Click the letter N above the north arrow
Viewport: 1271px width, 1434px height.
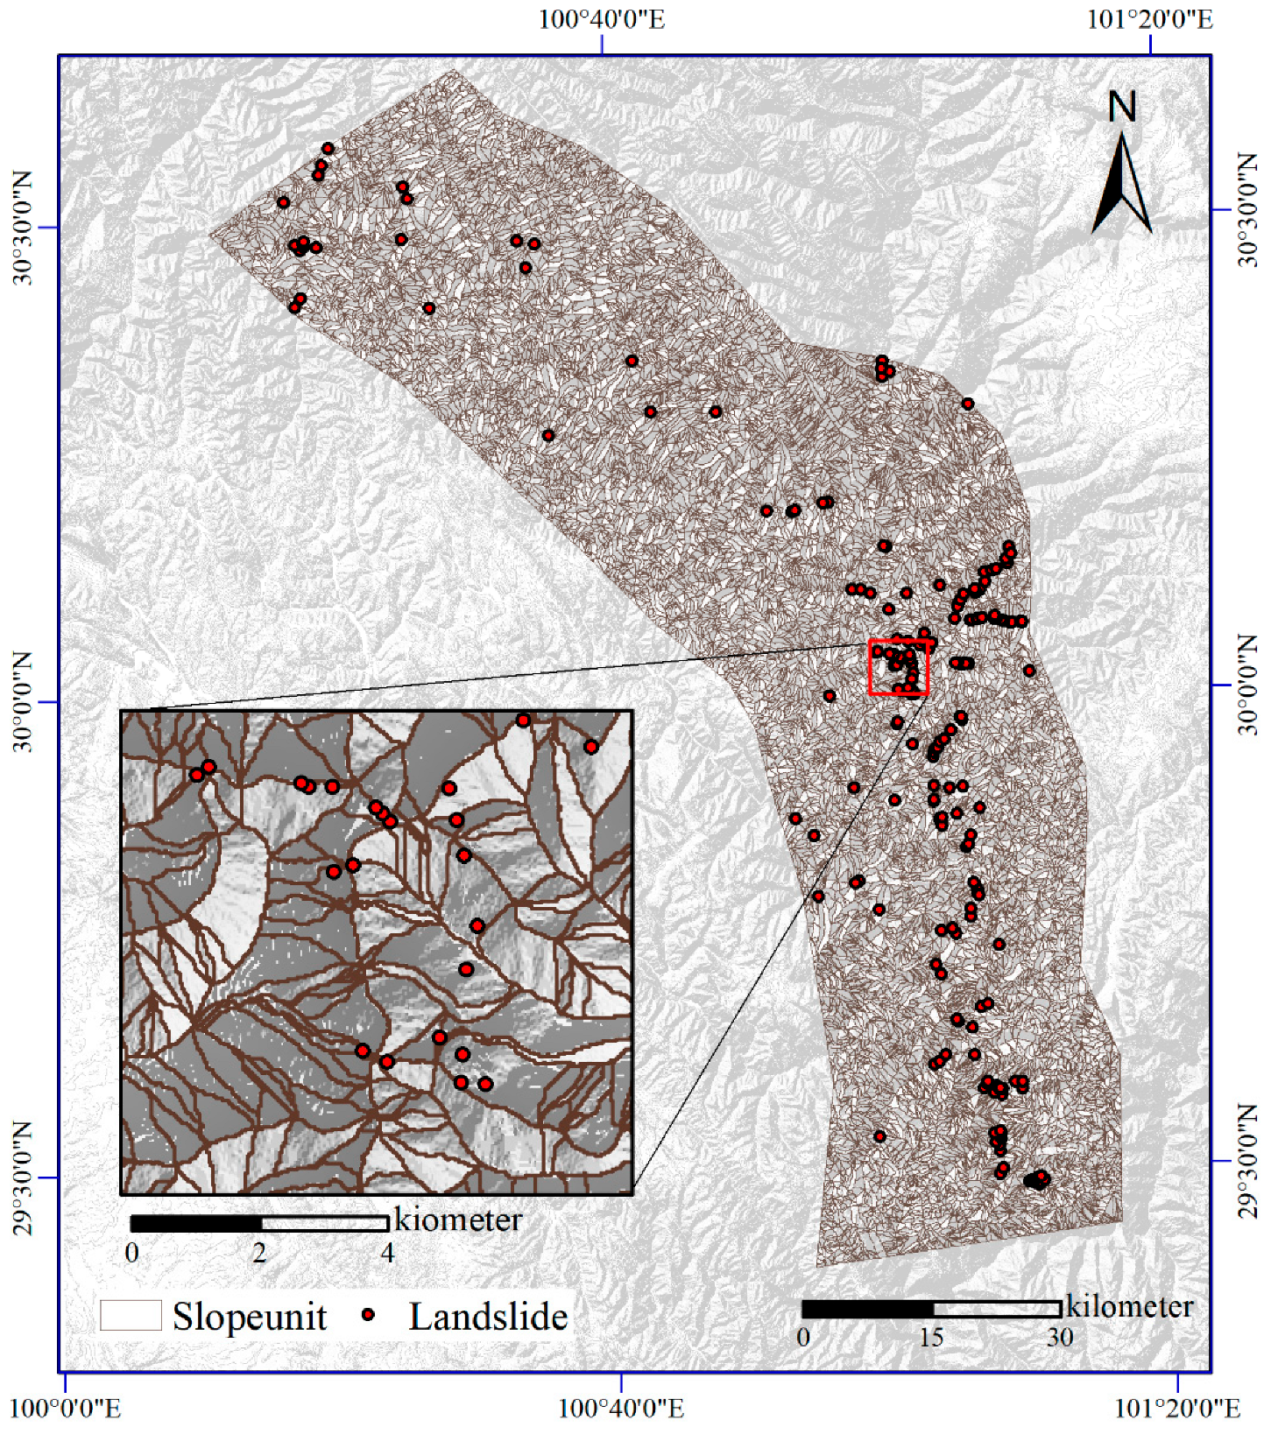click(1122, 108)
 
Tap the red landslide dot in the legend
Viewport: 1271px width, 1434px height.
click(369, 1315)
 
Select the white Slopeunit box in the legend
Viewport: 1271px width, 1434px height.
click(131, 1315)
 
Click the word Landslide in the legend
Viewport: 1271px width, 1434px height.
click(488, 1317)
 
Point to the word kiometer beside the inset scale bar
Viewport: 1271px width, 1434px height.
click(457, 1220)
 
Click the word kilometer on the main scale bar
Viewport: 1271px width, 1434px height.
click(1129, 1306)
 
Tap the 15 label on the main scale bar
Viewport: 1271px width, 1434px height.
click(930, 1338)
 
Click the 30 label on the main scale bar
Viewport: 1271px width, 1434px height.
click(1060, 1338)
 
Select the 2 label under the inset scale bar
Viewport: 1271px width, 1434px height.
click(259, 1253)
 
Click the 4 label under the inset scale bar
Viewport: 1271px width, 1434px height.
click(387, 1253)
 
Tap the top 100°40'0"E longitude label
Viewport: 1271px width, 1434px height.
click(601, 19)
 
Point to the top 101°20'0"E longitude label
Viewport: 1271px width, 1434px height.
click(1149, 19)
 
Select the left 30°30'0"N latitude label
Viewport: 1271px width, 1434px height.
click(23, 228)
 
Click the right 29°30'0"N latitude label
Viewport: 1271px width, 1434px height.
click(1247, 1162)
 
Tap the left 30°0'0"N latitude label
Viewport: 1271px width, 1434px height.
click(23, 701)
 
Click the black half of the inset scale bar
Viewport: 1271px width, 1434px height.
click(196, 1223)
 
